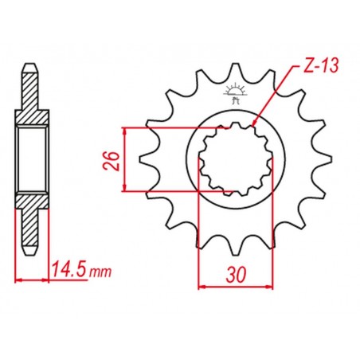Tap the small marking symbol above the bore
click(234, 90)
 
